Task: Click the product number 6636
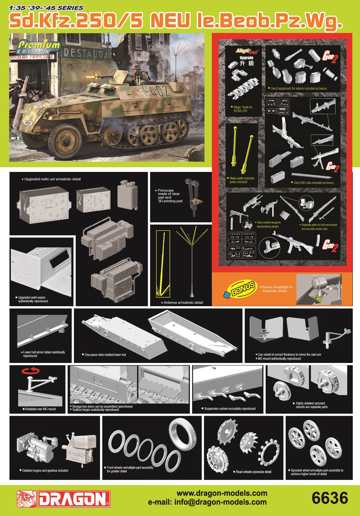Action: point(329,498)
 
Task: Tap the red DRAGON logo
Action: point(64,498)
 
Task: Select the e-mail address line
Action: point(207,502)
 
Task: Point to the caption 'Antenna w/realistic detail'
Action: point(182,303)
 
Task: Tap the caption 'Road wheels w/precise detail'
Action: point(253,472)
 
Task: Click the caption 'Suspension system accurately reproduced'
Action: point(229,409)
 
